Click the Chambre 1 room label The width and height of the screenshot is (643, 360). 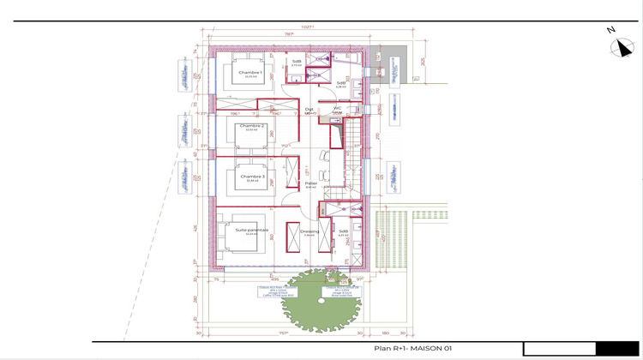pos(250,73)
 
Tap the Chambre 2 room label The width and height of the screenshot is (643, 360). pos(252,125)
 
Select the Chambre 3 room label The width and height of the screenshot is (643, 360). pos(252,177)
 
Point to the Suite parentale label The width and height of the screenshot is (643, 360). pos(252,230)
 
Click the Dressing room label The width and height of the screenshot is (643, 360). pos(309,231)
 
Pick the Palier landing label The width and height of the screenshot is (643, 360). pos(310,183)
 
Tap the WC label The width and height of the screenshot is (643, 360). pos(337,108)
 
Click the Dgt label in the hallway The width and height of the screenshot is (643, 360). pos(309,109)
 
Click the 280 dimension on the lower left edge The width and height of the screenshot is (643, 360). pos(196,300)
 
